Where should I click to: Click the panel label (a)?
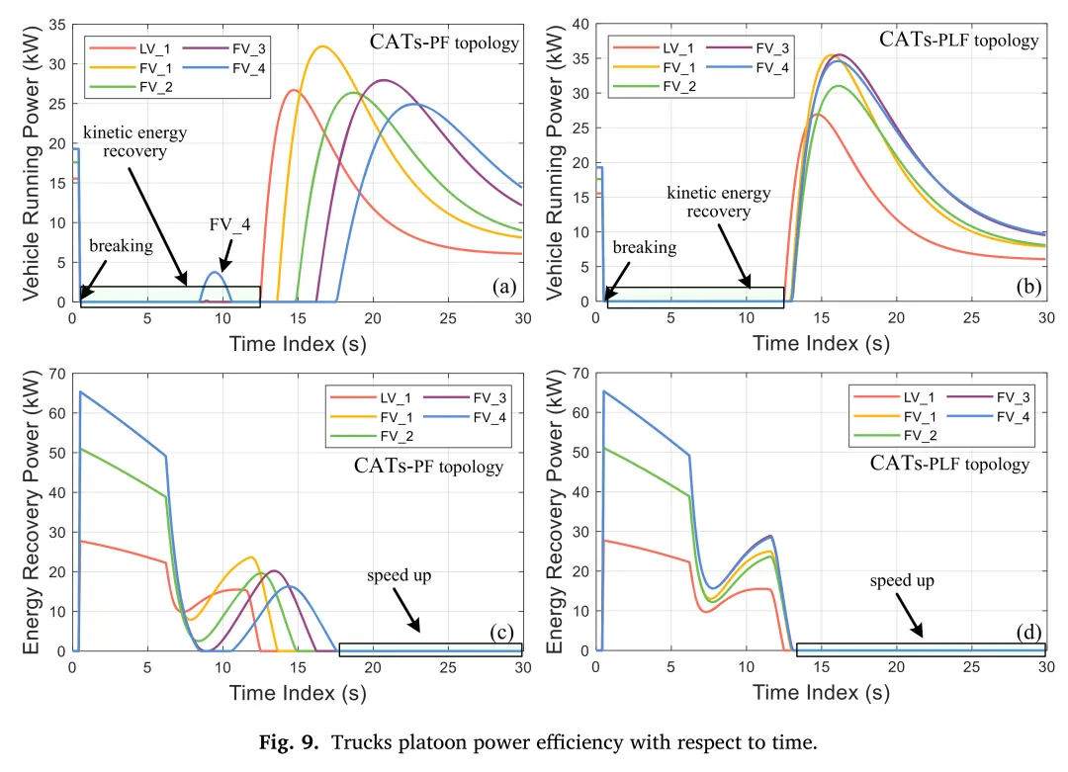[x=504, y=287]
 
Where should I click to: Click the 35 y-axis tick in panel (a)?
[x=56, y=25]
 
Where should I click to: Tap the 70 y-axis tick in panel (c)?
[x=56, y=375]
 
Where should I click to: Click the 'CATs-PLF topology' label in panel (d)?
[x=949, y=464]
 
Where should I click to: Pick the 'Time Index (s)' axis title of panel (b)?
[x=821, y=343]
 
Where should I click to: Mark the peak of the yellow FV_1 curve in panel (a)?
[x=321, y=46]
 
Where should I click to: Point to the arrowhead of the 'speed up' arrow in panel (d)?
[x=921, y=635]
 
